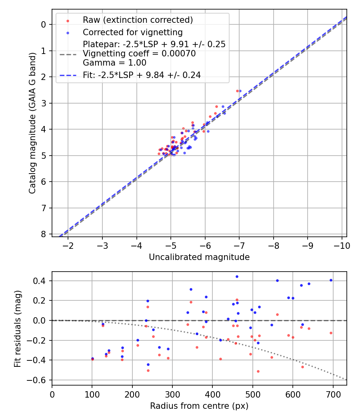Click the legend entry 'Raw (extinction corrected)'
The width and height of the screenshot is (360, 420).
pos(138,20)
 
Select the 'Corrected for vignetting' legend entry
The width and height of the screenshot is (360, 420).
pos(132,32)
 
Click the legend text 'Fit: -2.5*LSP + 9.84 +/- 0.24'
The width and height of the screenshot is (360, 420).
pos(142,75)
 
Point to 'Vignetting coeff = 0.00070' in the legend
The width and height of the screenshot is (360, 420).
pos(139,54)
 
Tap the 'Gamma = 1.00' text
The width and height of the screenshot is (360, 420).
pos(114,63)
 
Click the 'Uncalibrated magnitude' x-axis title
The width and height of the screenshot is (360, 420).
pos(199,257)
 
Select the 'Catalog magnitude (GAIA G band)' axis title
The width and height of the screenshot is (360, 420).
pos(33,123)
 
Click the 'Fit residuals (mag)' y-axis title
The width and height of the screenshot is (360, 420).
pos(17,329)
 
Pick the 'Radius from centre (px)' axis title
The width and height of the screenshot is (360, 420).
pos(199,406)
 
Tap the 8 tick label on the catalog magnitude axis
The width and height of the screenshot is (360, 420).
pos(44,234)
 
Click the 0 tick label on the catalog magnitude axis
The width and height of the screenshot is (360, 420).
pos(44,24)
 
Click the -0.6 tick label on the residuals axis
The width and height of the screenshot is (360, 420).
pos(39,380)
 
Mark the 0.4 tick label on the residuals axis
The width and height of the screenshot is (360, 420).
pos(41,281)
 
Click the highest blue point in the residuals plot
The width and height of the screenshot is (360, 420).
pos(237,276)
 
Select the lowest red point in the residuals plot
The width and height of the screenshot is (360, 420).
pos(258,371)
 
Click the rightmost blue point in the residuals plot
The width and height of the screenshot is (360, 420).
pos(331,280)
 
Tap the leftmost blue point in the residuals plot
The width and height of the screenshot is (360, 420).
pos(92,358)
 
